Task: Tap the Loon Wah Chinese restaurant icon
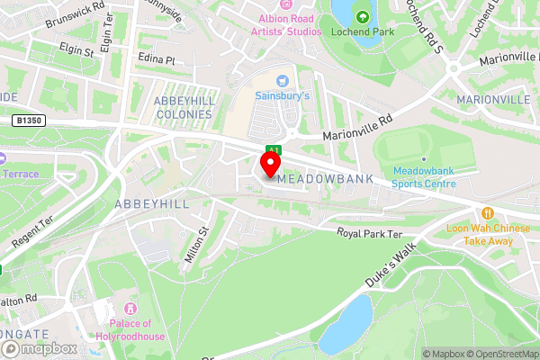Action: pos(487,213)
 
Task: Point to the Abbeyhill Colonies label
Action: pos(184,107)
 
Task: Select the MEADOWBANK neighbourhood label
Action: pos(325,179)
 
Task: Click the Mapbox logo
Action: pos(44,348)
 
